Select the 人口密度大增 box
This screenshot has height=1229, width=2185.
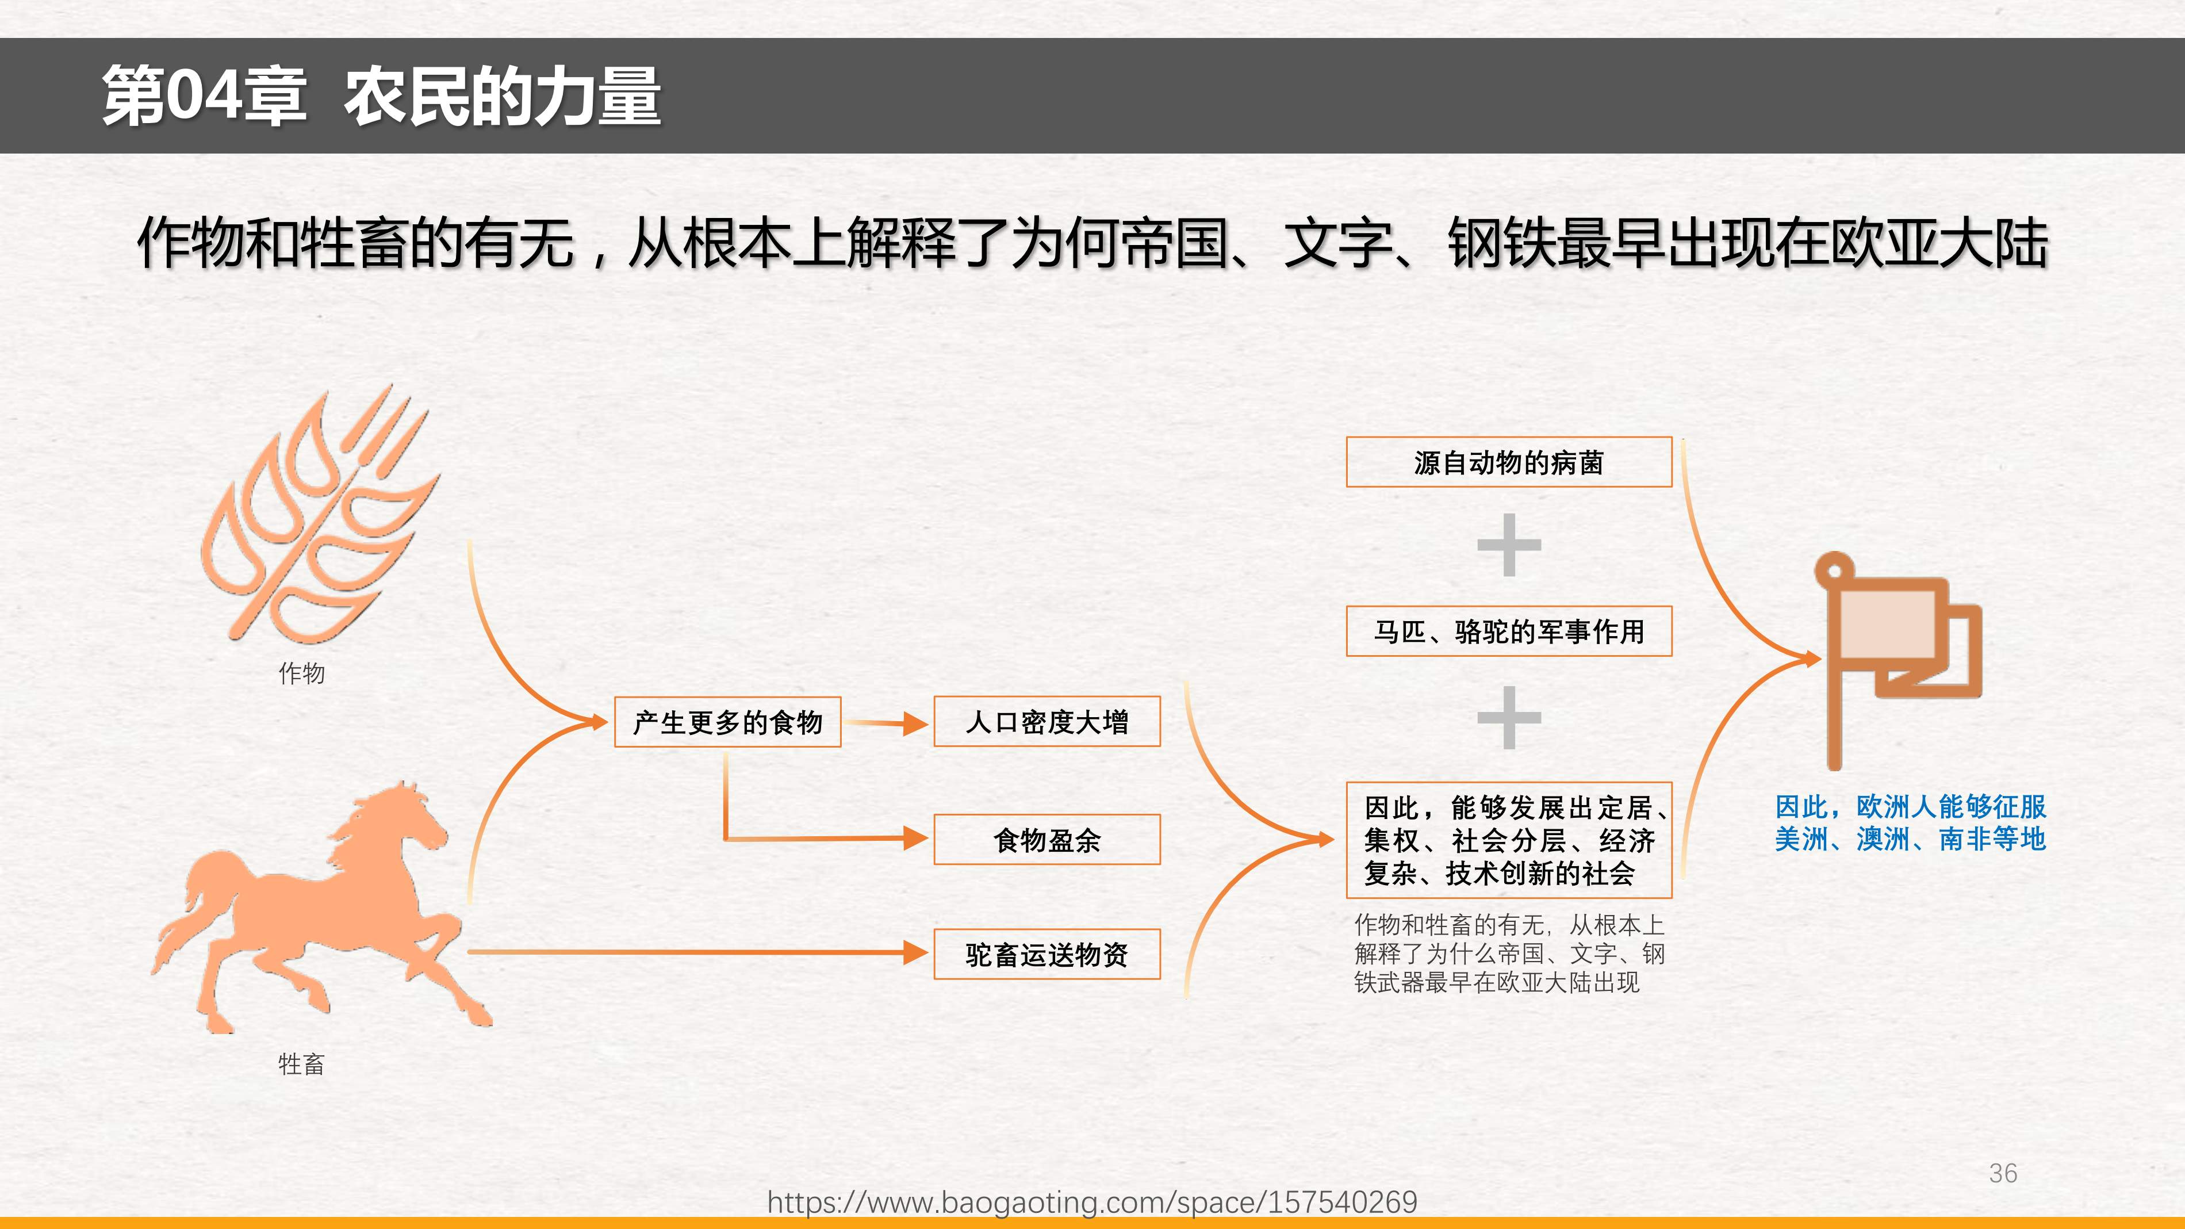pos(1046,722)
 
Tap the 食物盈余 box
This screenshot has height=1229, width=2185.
pos(1046,840)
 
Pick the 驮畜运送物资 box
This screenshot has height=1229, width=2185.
pos(1046,954)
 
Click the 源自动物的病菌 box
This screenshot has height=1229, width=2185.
pos(1509,462)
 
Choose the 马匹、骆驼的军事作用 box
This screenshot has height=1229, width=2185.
pos(1509,631)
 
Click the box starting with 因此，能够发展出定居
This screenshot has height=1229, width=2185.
pos(1509,840)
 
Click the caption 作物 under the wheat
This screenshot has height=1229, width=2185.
pos(302,673)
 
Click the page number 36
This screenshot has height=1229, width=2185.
pos(2003,1173)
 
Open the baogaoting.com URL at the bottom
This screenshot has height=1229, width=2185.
pos(1092,1202)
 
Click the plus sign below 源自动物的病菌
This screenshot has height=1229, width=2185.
pos(1509,545)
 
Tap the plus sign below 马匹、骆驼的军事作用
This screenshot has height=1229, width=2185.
pos(1509,718)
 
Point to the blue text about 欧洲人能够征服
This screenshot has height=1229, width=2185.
pos(1910,823)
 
